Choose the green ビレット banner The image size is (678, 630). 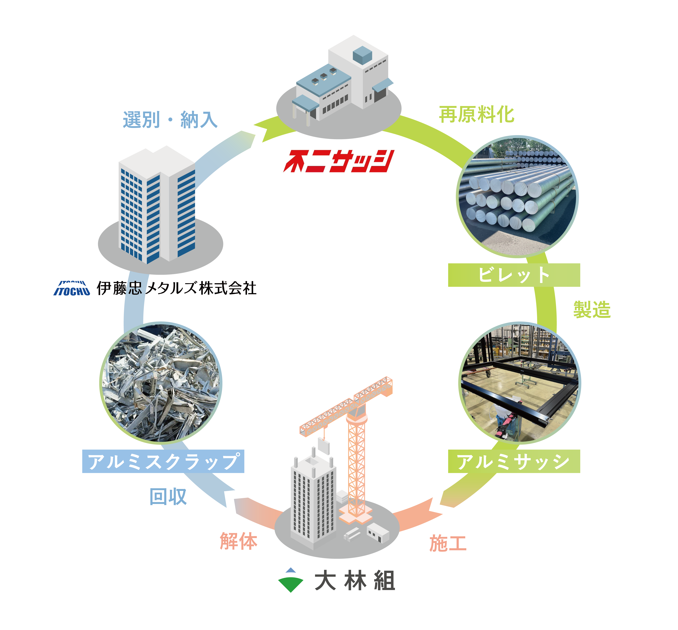click(514, 275)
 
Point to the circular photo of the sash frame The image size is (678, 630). click(520, 383)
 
